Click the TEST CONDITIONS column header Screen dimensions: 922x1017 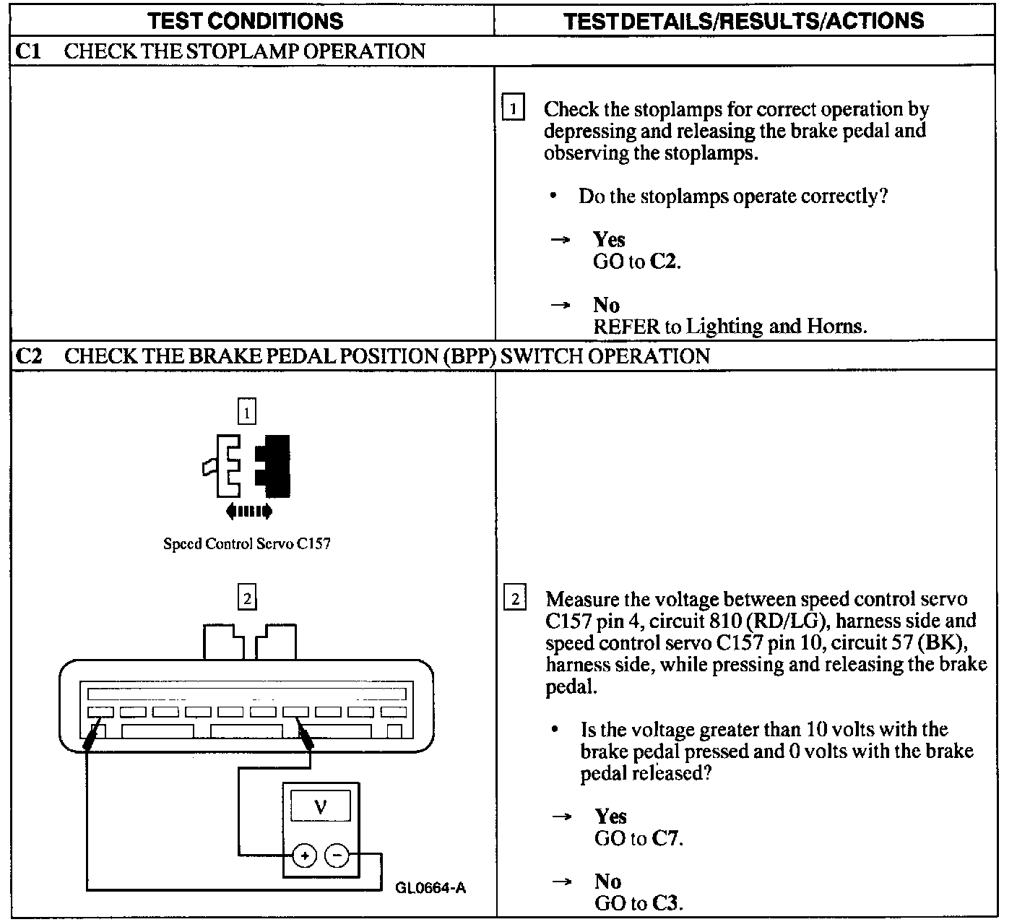pos(246,21)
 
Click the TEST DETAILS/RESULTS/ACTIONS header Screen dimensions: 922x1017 pos(743,21)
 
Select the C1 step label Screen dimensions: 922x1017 pos(28,51)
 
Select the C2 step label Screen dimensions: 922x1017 pos(28,356)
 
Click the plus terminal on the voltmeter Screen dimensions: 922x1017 pos(305,856)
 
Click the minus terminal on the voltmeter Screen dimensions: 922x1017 pos(337,856)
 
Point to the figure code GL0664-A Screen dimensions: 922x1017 pos(430,888)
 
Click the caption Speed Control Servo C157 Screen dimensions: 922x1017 pos(247,543)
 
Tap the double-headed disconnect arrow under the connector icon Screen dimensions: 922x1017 pos(248,512)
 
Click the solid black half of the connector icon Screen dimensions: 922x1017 pos(274,466)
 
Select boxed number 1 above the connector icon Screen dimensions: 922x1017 pos(247,413)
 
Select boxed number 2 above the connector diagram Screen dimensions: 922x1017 pos(247,598)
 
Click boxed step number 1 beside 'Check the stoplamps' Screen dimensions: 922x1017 pos(513,109)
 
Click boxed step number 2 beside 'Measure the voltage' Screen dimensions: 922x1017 pos(514,599)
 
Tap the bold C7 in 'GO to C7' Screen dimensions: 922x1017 pos(666,838)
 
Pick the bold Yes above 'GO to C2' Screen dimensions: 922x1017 pos(609,239)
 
